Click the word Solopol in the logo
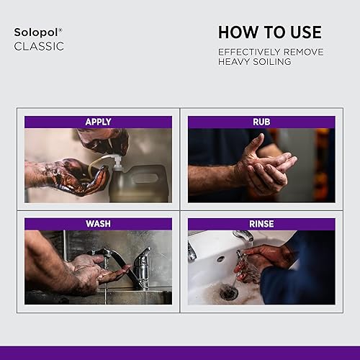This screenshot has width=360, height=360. pyautogui.click(x=36, y=32)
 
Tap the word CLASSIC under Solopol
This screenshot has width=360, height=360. pyautogui.click(x=39, y=46)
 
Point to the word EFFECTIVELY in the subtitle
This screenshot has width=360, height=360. pyautogui.click(x=249, y=52)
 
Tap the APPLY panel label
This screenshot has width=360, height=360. pyautogui.click(x=98, y=122)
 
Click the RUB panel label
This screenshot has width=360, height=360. pyautogui.click(x=261, y=122)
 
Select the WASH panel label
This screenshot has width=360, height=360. pyautogui.click(x=98, y=224)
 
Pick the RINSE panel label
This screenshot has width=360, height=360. pyautogui.click(x=261, y=224)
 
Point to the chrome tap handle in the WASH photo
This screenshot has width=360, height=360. pyautogui.click(x=143, y=258)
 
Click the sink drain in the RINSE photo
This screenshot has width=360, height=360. pyautogui.click(x=229, y=292)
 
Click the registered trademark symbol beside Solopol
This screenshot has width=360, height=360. pyautogui.click(x=60, y=30)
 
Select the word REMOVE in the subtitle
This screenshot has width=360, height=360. pyautogui.click(x=303, y=52)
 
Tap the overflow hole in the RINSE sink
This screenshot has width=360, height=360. pyautogui.click(x=220, y=259)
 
